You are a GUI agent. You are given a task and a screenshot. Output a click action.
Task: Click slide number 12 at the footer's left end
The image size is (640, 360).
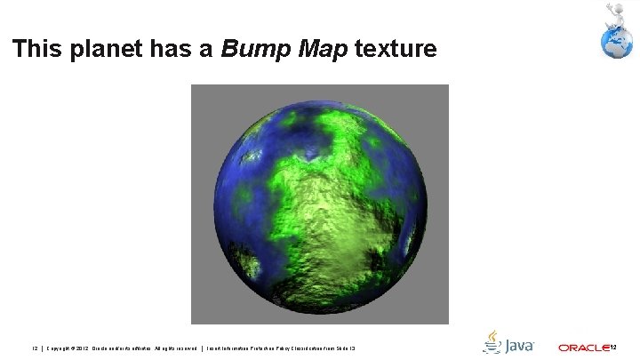(35, 347)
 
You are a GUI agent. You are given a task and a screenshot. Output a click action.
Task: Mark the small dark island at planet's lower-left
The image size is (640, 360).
(251, 264)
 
